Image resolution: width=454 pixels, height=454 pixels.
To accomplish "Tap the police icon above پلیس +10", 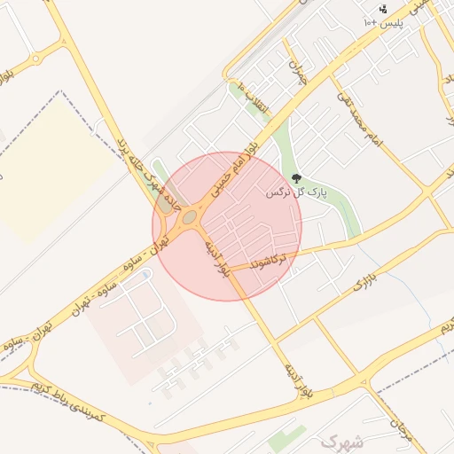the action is click(x=383, y=10).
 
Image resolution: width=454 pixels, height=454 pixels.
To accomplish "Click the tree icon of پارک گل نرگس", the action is click(x=296, y=179).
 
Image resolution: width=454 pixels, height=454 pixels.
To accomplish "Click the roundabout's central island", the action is click(x=188, y=216).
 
